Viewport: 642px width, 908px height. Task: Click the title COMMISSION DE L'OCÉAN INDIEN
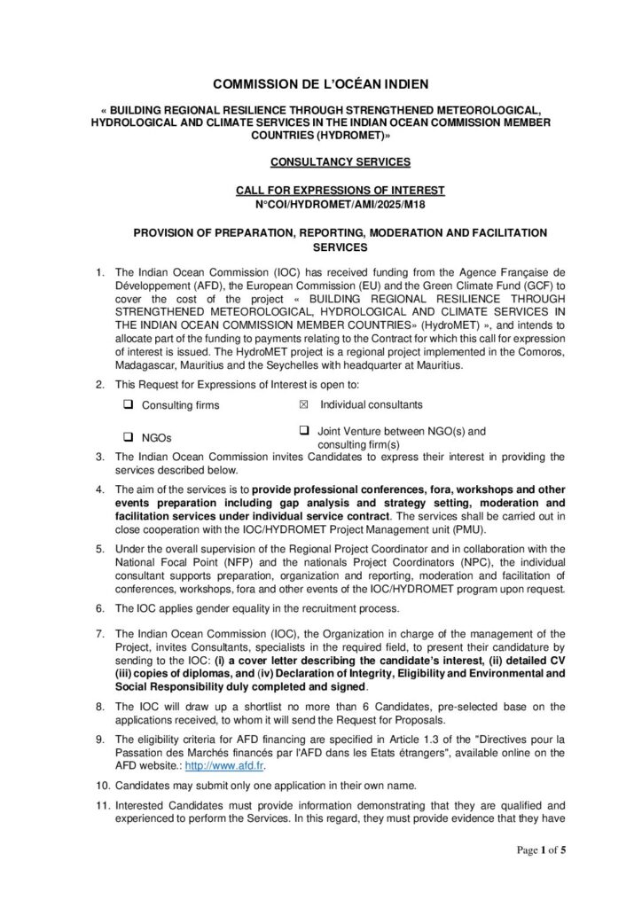(321, 84)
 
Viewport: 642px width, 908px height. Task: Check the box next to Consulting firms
(129, 404)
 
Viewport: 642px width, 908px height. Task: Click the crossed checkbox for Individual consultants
(303, 404)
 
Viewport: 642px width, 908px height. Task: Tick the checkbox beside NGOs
(129, 436)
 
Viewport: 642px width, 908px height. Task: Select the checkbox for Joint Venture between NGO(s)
(303, 430)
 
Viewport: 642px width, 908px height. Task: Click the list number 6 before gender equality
(100, 607)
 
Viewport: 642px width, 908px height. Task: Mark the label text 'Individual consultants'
(372, 404)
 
